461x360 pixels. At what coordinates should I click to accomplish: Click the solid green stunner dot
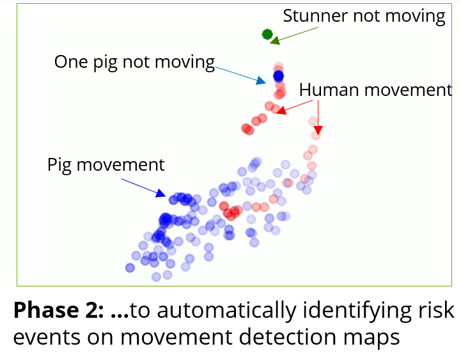pyautogui.click(x=267, y=34)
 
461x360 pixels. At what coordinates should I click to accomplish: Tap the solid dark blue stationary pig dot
pyautogui.click(x=278, y=76)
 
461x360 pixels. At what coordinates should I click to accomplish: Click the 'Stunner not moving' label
pyautogui.click(x=364, y=16)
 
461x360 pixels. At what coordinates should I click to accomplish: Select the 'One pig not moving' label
pyautogui.click(x=135, y=63)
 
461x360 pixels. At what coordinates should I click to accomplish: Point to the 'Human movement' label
pyautogui.click(x=375, y=90)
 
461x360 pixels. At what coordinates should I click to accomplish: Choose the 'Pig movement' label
pyautogui.click(x=106, y=165)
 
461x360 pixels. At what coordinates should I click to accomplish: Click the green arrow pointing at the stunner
pyautogui.click(x=293, y=36)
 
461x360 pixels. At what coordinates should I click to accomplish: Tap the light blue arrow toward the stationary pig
pyautogui.click(x=240, y=75)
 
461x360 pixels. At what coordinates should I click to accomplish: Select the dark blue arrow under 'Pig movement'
pyautogui.click(x=143, y=187)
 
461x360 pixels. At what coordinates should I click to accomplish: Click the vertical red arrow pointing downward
pyautogui.click(x=318, y=118)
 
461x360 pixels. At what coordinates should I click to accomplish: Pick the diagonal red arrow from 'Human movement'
pyautogui.click(x=295, y=107)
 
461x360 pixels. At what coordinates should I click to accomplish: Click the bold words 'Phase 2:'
pyautogui.click(x=59, y=310)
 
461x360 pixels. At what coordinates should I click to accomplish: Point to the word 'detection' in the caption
pyautogui.click(x=288, y=336)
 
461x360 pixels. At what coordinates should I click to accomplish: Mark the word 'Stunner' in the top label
pyautogui.click(x=315, y=15)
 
